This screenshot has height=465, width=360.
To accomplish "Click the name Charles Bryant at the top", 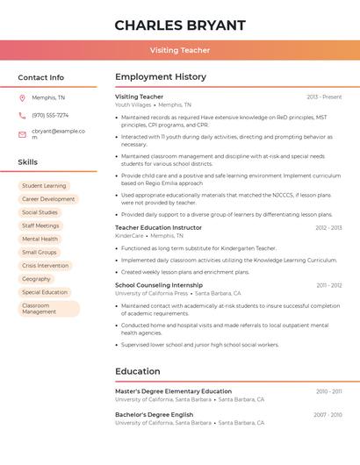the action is [x=179, y=25].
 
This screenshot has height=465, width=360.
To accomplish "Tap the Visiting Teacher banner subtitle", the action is [x=179, y=50].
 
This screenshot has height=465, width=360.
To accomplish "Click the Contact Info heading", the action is [x=41, y=77].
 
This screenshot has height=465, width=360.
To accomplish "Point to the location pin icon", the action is [x=22, y=97].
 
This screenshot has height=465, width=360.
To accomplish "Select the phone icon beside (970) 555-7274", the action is [x=22, y=116].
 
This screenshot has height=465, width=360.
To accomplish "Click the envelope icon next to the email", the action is [x=22, y=134].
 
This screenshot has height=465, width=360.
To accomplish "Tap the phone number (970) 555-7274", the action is [x=50, y=116].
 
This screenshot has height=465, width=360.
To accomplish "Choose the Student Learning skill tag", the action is [x=44, y=186].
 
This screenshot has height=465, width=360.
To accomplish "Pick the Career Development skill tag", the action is [x=48, y=199].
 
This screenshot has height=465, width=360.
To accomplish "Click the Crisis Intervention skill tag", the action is [x=45, y=265].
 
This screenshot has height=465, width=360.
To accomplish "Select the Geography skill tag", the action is [x=36, y=278].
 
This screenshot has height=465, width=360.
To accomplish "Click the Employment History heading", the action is [x=161, y=77].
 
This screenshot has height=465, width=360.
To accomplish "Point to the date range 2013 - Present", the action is [x=324, y=97].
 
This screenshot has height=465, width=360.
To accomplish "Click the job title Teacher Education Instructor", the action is [x=158, y=227].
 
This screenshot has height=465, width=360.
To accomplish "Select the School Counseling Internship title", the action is [x=159, y=285].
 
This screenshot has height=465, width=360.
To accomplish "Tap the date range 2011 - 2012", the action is [x=329, y=285].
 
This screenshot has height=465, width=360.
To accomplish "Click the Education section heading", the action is [x=138, y=371].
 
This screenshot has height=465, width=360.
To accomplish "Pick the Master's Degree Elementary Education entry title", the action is [x=173, y=391].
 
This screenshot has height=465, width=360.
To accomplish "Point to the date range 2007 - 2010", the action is [x=328, y=414].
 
